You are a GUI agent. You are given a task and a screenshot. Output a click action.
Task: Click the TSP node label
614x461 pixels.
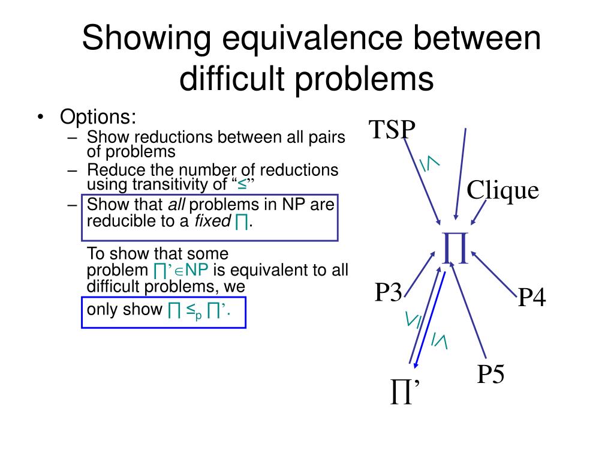392,130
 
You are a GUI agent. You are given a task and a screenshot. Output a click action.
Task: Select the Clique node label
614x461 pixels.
502,191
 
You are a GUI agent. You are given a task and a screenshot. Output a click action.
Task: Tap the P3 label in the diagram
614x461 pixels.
388,293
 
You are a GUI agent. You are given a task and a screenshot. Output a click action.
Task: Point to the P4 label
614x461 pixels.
532,298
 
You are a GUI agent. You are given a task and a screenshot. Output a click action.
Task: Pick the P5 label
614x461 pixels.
490,375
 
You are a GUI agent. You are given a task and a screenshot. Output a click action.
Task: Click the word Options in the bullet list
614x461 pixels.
98,116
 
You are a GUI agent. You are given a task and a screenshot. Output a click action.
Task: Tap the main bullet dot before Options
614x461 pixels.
40,116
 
